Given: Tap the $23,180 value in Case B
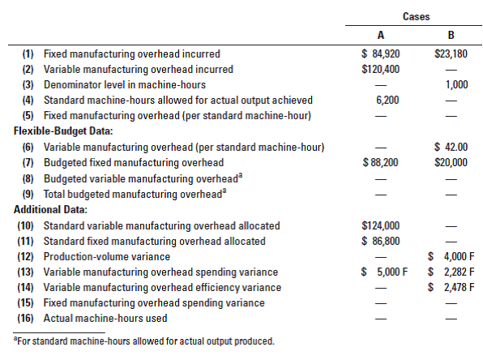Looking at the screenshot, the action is (449, 54).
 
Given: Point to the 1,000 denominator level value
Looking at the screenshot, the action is (457, 85).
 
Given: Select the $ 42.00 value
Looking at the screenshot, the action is (450, 147).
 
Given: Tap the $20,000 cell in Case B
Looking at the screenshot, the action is (450, 163).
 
